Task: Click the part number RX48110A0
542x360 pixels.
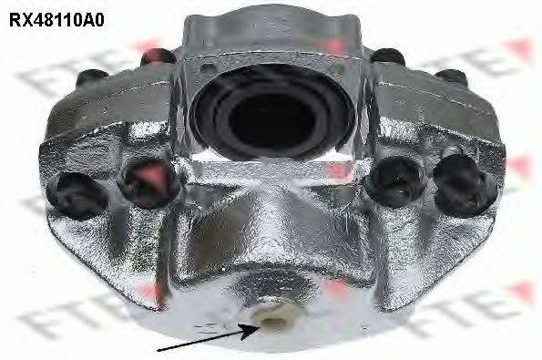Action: [56, 20]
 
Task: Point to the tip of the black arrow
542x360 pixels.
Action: [259, 327]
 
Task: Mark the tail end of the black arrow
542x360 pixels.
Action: [158, 351]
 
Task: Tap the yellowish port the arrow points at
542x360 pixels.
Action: [275, 320]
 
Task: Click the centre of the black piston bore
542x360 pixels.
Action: [272, 119]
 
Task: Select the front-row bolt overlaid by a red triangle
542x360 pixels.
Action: [149, 182]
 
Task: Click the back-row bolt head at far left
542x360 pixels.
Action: [92, 77]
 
